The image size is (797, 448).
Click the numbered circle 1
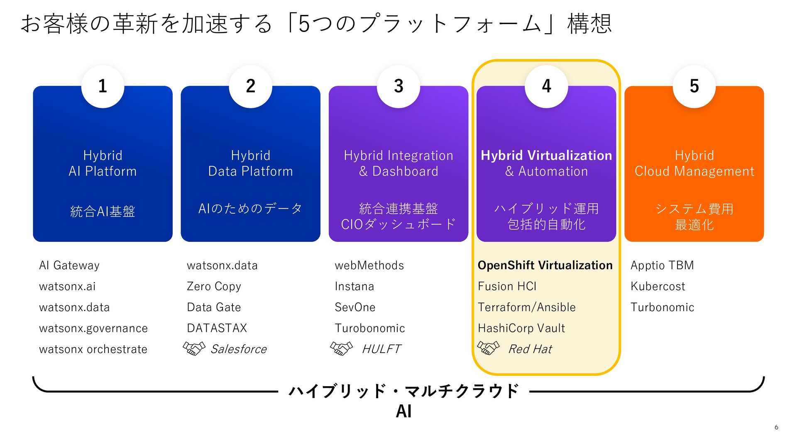103,86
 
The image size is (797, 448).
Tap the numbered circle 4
546,86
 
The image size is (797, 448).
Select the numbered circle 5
694,86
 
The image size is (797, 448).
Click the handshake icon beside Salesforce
194,348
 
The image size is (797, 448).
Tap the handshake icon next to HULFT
341,348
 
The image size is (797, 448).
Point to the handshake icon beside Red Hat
488,348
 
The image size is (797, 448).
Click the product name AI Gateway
69,265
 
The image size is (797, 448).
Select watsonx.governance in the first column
93,328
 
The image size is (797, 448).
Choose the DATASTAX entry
217,328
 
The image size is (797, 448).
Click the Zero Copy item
214,286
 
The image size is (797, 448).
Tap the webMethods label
369,265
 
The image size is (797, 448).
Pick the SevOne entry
355,307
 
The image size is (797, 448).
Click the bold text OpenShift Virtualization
545,265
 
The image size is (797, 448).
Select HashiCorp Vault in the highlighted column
521,328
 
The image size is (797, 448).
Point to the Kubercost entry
658,286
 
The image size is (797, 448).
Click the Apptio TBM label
662,265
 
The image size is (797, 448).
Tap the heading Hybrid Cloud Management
694,163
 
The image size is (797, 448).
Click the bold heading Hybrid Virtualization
546,156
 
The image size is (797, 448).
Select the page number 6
776,427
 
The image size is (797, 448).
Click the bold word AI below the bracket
403,411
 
